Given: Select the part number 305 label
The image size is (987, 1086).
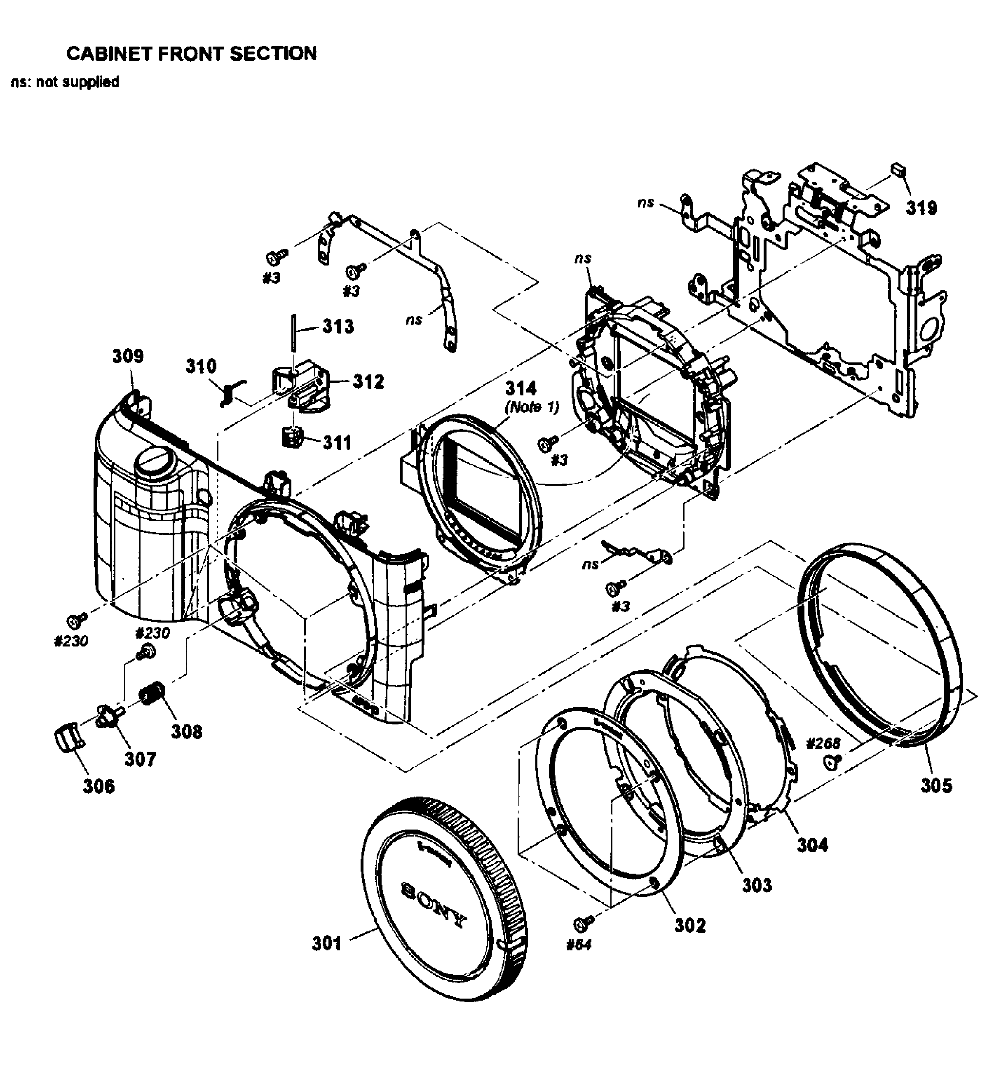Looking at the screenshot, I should point(936,786).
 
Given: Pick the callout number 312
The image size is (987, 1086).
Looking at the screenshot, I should point(368,381).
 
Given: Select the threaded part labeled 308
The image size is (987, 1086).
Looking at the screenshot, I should point(153,692).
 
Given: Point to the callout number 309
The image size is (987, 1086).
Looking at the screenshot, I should point(128,356).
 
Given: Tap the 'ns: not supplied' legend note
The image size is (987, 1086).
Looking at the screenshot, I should point(65,82).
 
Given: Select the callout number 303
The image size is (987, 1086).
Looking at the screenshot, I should point(757,885).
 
